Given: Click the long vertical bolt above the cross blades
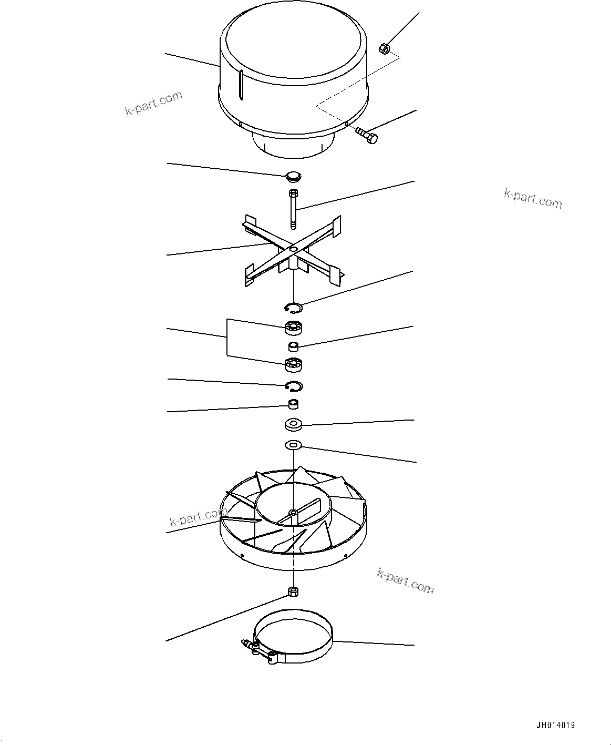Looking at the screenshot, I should [x=293, y=209].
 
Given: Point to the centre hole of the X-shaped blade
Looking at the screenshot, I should [x=293, y=248].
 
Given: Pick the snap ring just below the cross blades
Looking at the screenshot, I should [x=293, y=308].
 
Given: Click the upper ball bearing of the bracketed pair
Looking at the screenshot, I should [x=293, y=328].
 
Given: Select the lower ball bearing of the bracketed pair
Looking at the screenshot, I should [x=293, y=364].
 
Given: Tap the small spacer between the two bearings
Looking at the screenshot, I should [x=293, y=346].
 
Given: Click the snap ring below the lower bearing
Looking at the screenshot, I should [x=293, y=386].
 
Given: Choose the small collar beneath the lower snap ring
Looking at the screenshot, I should [x=293, y=404].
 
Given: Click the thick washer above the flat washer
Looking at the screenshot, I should [x=293, y=424].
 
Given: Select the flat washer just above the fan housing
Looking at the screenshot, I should [x=293, y=446].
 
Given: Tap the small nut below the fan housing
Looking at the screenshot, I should [x=293, y=591].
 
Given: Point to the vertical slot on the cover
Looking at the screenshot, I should [x=241, y=85].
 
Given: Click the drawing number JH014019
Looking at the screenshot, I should [x=555, y=726].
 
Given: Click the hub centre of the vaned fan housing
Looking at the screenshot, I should [x=292, y=512].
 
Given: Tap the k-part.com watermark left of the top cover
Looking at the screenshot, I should [x=153, y=104].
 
